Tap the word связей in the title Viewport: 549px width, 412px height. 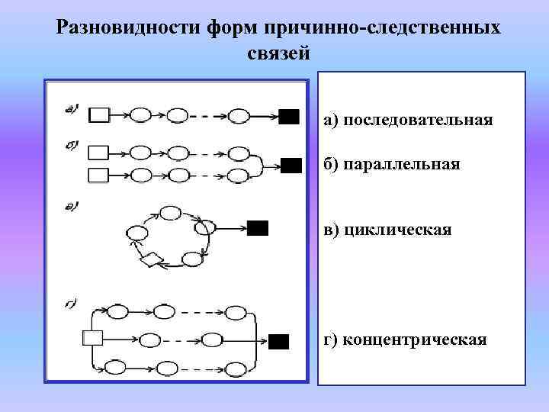[x=279, y=53]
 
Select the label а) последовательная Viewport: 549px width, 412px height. [x=408, y=120]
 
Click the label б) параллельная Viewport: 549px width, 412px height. [x=392, y=164]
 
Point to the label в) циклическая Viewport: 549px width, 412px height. [x=387, y=230]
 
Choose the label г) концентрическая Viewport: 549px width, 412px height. [x=405, y=339]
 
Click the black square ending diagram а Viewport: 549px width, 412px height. [x=289, y=116]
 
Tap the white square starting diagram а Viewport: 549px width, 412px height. [x=99, y=115]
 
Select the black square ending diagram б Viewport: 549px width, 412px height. [x=291, y=166]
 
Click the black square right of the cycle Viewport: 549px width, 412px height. [x=258, y=227]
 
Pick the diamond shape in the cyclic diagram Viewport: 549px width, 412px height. [x=151, y=260]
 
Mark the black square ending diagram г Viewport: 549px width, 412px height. [x=280, y=341]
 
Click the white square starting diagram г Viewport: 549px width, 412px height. [x=92, y=337]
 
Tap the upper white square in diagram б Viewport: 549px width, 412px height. [x=99, y=151]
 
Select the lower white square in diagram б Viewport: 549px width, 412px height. [x=99, y=175]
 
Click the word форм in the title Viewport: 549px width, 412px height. [x=230, y=28]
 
